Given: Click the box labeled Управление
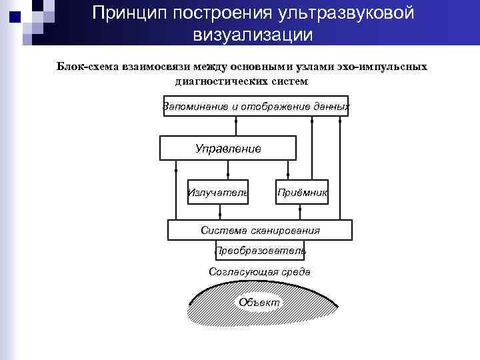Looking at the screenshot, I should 228,148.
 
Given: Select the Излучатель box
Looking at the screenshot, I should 218,193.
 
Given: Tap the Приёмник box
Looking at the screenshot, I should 302,193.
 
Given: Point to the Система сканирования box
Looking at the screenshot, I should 260,230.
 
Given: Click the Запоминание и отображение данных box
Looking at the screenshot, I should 256,106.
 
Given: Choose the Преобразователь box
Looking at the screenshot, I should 260,251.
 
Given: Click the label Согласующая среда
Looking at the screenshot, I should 259,272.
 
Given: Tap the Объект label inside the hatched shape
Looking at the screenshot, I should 259,303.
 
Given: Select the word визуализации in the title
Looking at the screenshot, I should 253,34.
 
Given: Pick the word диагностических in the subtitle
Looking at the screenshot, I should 216,81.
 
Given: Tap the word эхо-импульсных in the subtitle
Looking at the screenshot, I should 386,67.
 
